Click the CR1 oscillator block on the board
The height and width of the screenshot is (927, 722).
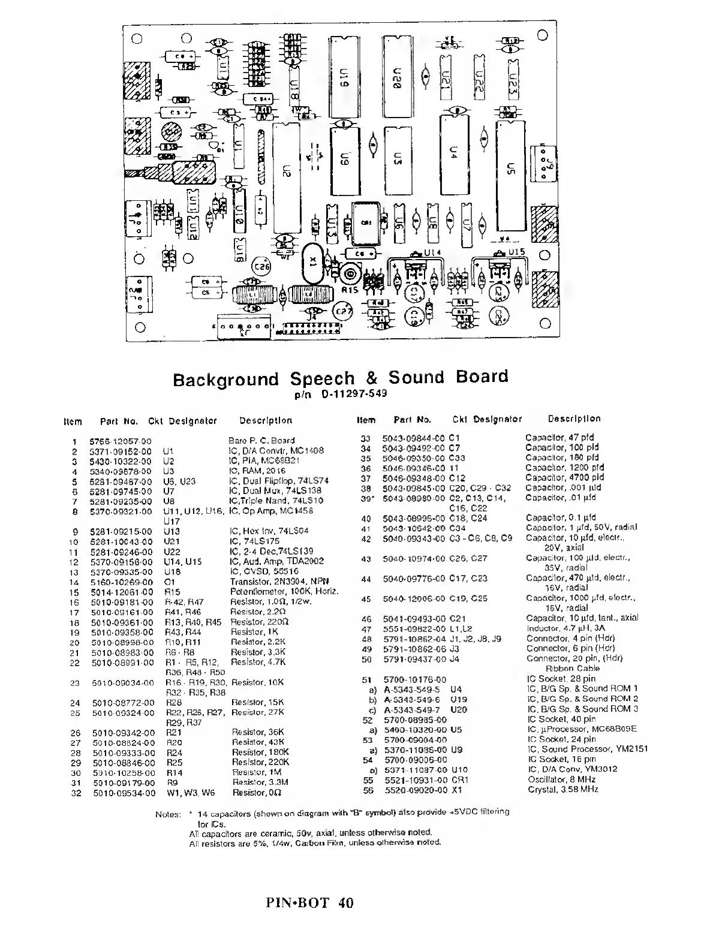(367, 222)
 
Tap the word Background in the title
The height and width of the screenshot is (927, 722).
(226, 380)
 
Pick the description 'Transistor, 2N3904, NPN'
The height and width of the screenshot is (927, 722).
(279, 581)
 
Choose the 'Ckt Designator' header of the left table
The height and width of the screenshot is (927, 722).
(183, 421)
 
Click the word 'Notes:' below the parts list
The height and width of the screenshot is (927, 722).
(167, 814)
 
